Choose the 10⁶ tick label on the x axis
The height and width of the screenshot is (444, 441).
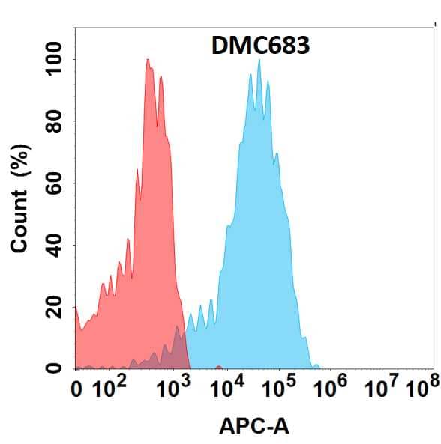pyautogui.click(x=332, y=387)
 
